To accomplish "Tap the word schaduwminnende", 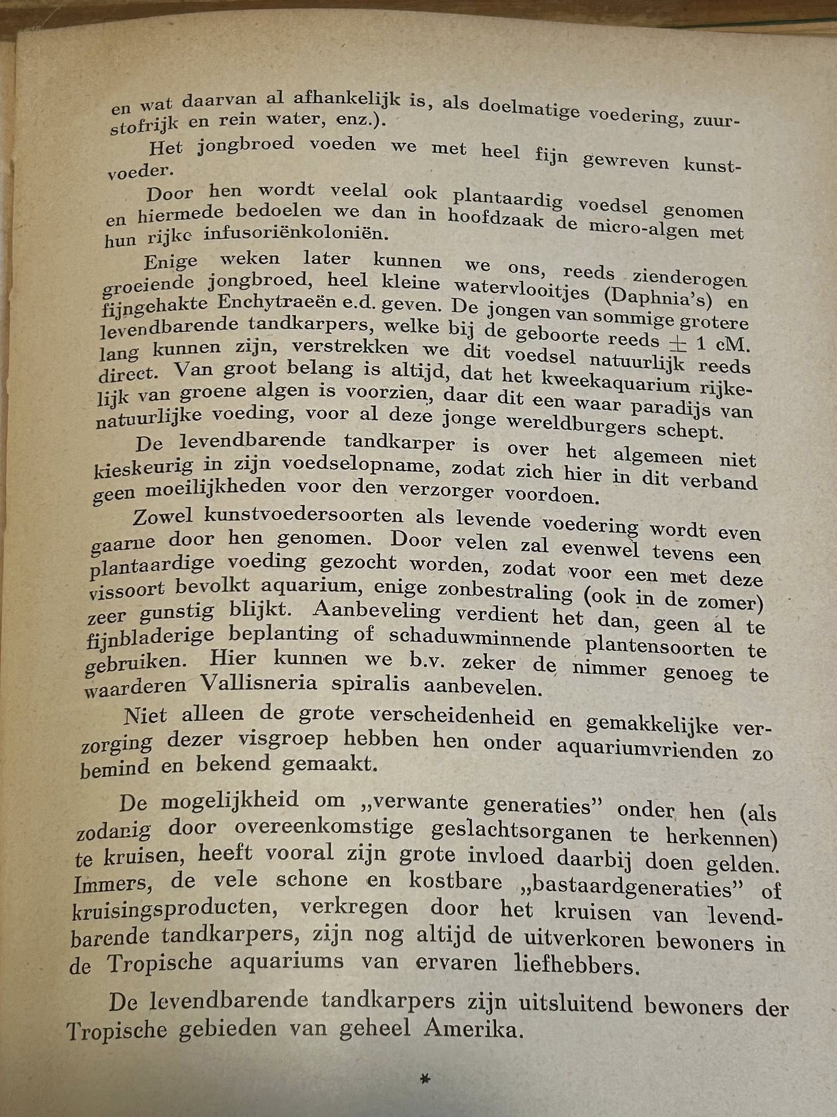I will point(479,638).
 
